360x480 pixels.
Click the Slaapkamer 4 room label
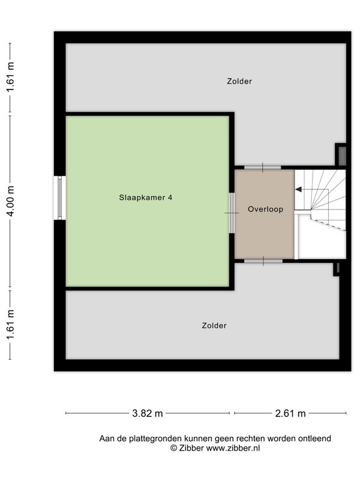[146, 197]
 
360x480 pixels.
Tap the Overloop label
[265, 209]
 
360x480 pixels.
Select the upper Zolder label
[239, 81]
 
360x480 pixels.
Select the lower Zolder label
[214, 325]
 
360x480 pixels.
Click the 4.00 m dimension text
[11, 201]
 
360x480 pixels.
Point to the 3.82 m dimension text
[148, 413]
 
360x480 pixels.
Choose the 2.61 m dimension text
[290, 413]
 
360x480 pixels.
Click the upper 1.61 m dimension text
[11, 77]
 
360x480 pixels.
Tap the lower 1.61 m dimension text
[11, 325]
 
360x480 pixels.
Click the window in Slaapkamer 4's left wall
[59, 198]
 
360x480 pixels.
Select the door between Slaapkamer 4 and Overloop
[232, 213]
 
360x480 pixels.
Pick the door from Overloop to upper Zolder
[263, 167]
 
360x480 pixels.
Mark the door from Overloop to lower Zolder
[263, 261]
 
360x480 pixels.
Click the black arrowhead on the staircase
[298, 190]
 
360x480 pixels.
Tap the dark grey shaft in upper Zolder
[342, 156]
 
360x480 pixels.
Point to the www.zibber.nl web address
[233, 448]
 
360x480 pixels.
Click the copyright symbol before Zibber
[173, 448]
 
